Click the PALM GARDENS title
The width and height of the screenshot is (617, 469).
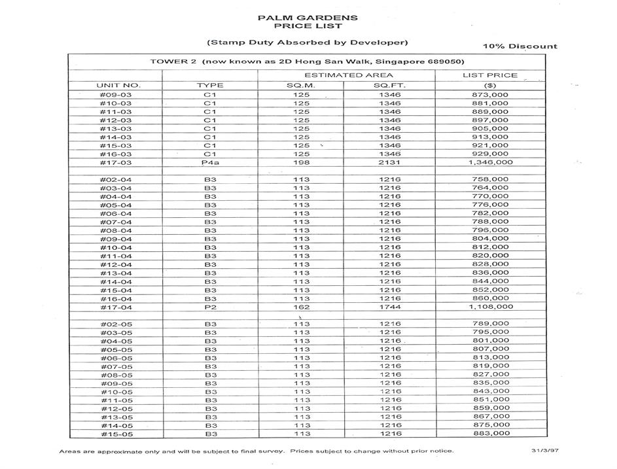pyautogui.click(x=308, y=18)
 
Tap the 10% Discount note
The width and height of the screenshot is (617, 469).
pyautogui.click(x=520, y=46)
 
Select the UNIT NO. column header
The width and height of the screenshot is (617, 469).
pyautogui.click(x=118, y=85)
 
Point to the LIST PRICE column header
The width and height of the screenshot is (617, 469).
pyautogui.click(x=489, y=75)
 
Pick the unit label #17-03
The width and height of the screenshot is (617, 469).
pyautogui.click(x=116, y=162)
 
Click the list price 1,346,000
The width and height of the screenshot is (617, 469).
pyautogui.click(x=490, y=162)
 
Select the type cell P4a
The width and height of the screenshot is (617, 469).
pyautogui.click(x=209, y=162)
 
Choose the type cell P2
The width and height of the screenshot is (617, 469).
pyautogui.click(x=210, y=307)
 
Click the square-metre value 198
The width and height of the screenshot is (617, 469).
pyautogui.click(x=301, y=162)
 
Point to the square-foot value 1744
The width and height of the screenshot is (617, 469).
pyautogui.click(x=390, y=307)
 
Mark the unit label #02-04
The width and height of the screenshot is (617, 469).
pyautogui.click(x=116, y=179)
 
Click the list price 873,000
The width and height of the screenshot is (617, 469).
pyautogui.click(x=490, y=95)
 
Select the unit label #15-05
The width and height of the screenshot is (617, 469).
pyautogui.click(x=116, y=434)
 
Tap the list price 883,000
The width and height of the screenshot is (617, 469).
pyautogui.click(x=490, y=433)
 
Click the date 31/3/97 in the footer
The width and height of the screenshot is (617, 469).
pyautogui.click(x=544, y=451)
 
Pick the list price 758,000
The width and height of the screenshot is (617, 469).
pyautogui.click(x=490, y=179)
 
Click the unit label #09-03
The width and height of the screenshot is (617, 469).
pyautogui.click(x=116, y=95)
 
